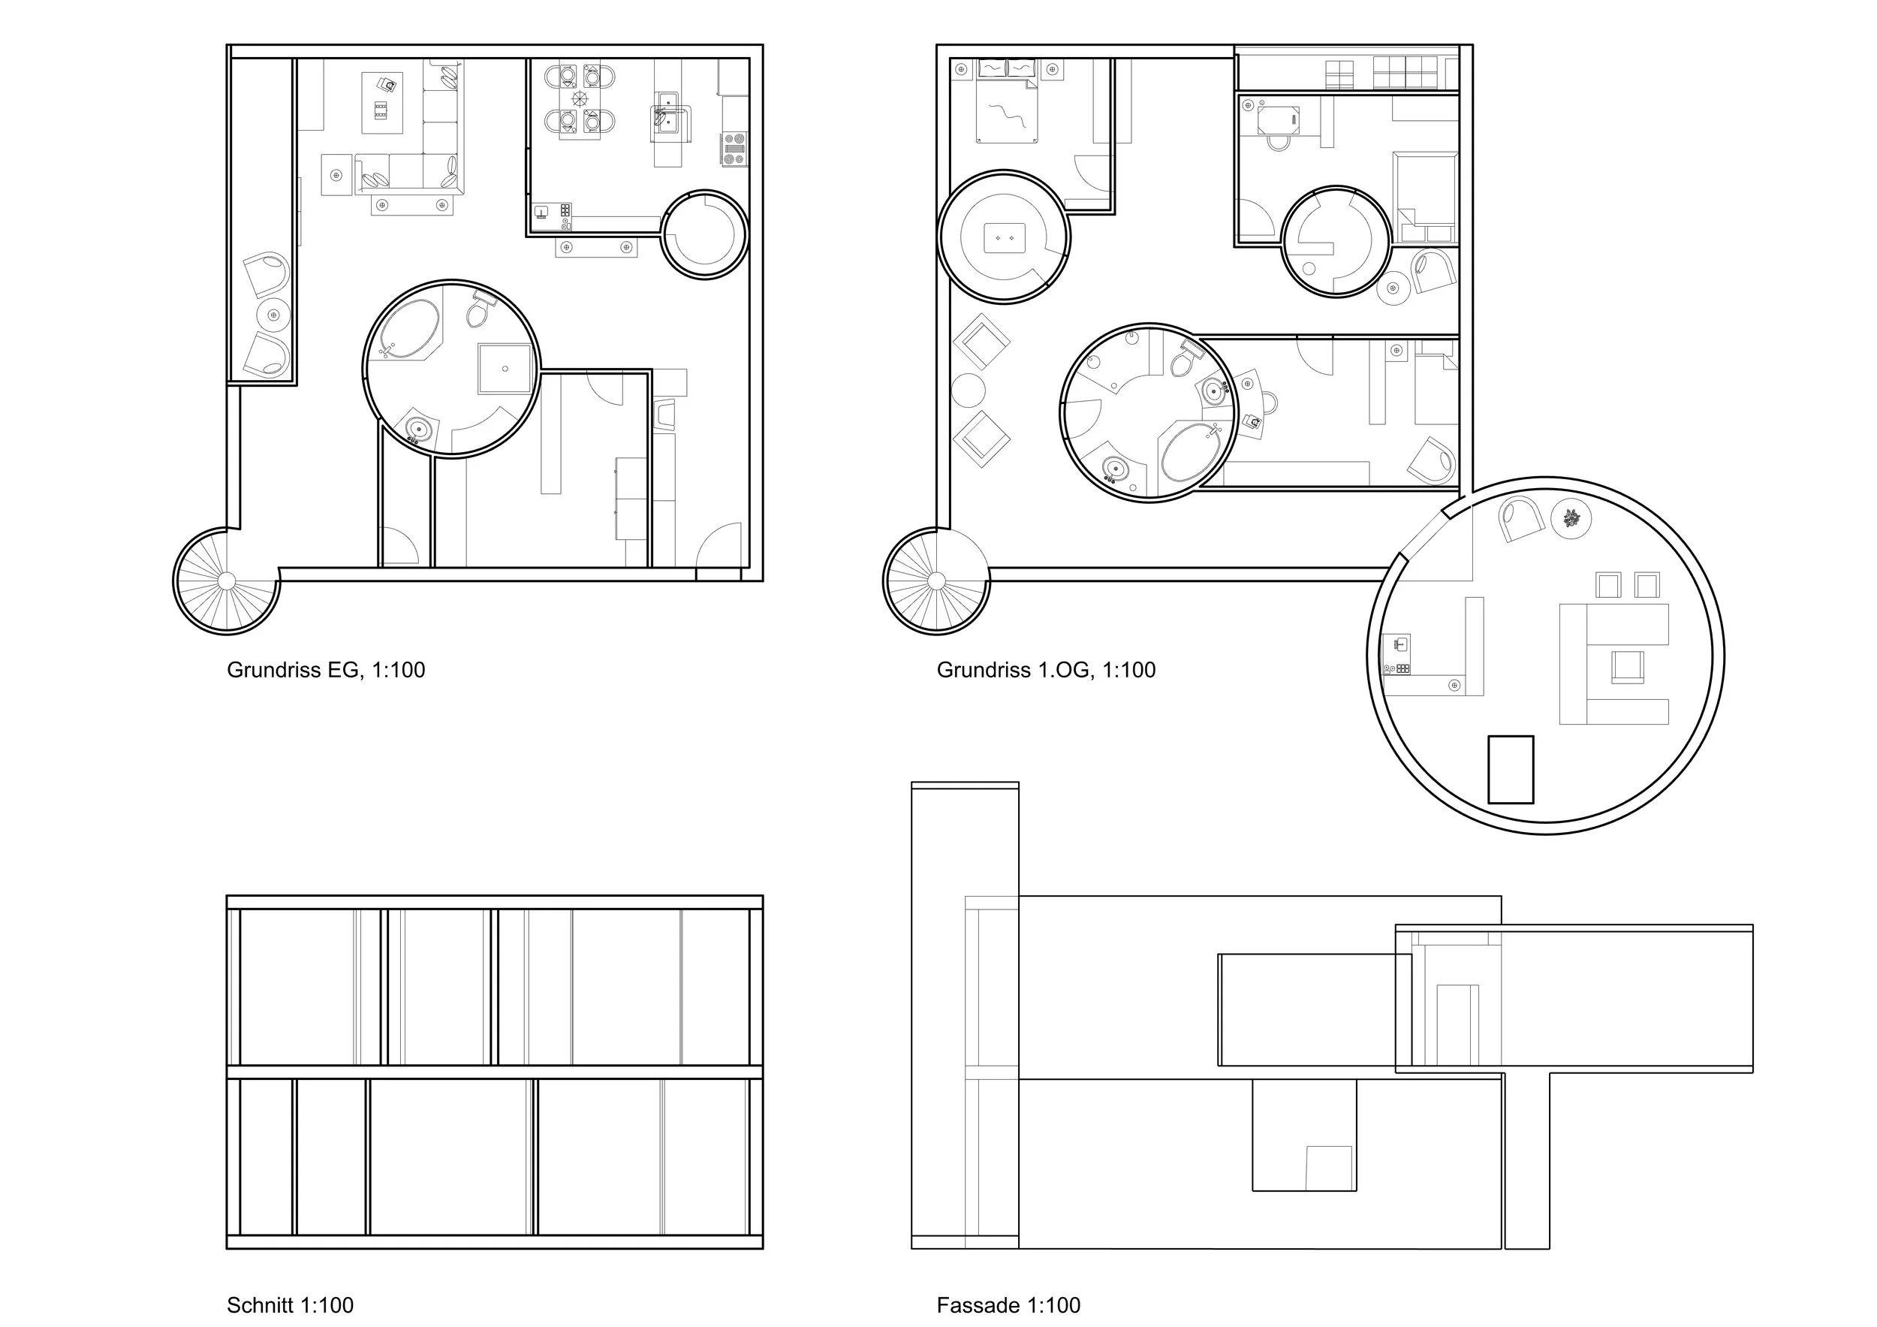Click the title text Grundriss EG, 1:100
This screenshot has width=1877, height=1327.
(x=325, y=671)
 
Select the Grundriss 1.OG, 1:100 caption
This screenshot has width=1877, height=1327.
(x=1046, y=671)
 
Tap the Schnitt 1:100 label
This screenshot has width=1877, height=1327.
(x=291, y=1306)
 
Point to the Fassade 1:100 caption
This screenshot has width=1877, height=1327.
(x=1008, y=1306)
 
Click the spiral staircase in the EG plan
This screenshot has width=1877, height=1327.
(x=227, y=581)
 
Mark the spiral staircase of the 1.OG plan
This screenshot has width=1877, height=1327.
(x=936, y=581)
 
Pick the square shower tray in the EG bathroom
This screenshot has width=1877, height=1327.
(x=505, y=369)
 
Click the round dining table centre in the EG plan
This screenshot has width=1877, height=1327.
(x=580, y=100)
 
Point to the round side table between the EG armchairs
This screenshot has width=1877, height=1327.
(x=274, y=315)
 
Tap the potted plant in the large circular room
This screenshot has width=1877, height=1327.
(x=1571, y=517)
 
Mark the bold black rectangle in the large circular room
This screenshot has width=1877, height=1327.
(x=1510, y=769)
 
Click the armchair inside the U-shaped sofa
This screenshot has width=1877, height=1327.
(x=1628, y=666)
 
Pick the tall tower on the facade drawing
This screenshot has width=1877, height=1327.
(x=965, y=1015)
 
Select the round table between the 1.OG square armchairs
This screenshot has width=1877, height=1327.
(x=968, y=390)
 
